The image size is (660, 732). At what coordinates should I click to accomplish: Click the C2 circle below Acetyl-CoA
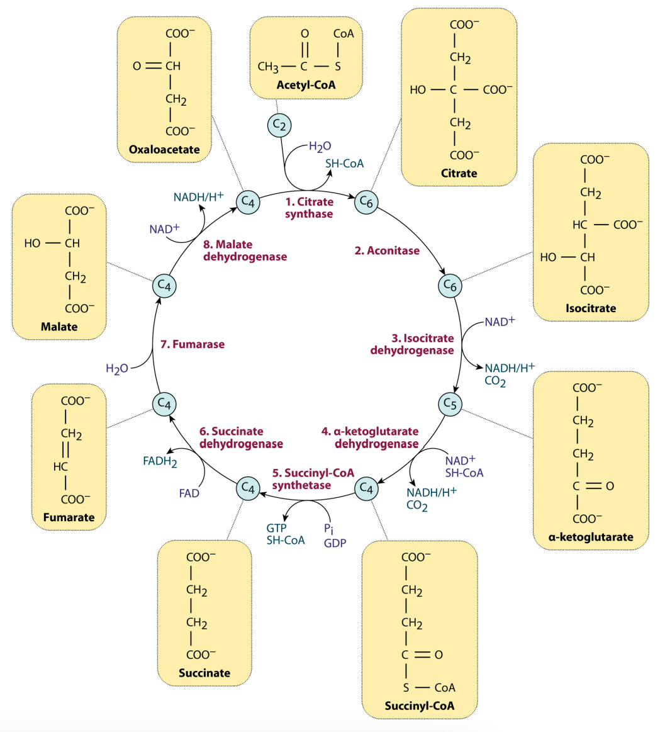(279, 126)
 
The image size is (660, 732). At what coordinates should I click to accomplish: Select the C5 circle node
(449, 403)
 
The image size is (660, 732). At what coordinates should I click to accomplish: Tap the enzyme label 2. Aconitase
(387, 251)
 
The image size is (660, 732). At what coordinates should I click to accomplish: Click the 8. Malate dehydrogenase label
(245, 251)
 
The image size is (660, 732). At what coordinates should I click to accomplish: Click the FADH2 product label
(160, 461)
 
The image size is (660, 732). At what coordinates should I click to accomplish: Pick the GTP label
(276, 528)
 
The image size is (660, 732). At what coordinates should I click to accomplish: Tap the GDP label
(335, 543)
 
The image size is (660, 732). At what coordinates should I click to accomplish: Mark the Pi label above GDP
(328, 528)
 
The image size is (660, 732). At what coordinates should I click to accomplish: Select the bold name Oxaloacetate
(164, 149)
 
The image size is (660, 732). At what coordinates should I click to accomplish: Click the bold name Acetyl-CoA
(306, 85)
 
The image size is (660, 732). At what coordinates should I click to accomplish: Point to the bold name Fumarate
(69, 517)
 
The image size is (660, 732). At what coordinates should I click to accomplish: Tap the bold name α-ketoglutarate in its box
(590, 537)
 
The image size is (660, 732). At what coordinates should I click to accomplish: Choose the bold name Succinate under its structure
(204, 673)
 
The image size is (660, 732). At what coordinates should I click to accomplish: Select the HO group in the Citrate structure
(418, 90)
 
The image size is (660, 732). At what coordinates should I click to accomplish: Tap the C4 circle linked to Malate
(164, 286)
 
